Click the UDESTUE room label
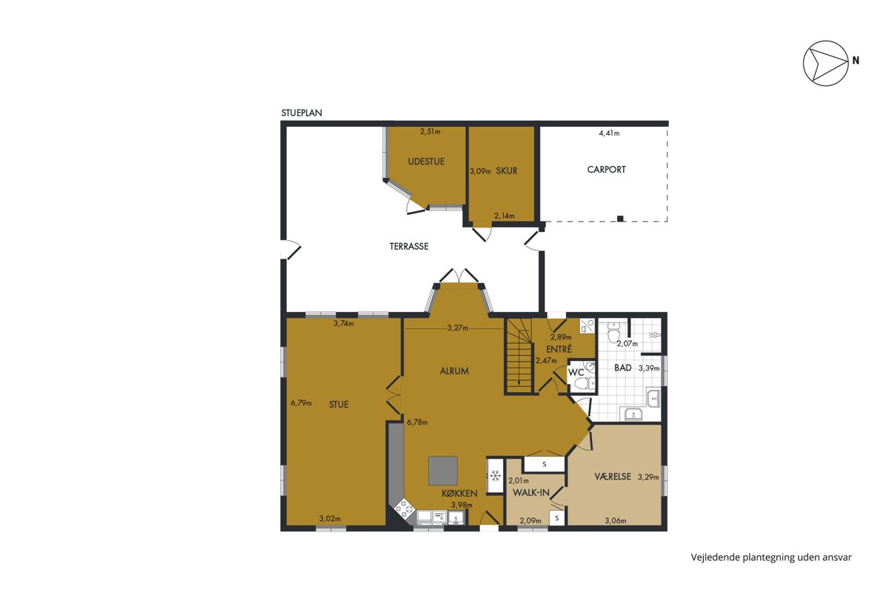426,162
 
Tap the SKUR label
507,170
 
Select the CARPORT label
606,170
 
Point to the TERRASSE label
409,246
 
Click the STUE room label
339,404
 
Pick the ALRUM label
454,371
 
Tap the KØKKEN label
459,494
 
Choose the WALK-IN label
531,493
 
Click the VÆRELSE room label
613,476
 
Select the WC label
576,373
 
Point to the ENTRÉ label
559,349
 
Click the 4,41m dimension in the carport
609,133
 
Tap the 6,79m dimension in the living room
302,402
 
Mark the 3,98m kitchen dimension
462,505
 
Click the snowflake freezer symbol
495,475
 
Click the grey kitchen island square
443,471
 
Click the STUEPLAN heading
302,113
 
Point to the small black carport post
620,218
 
